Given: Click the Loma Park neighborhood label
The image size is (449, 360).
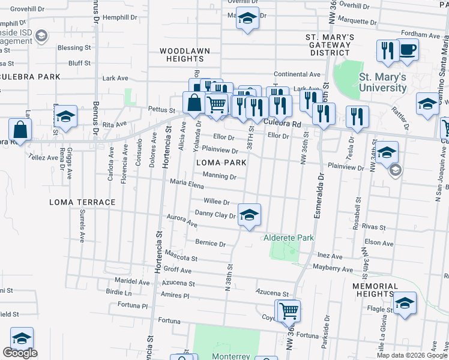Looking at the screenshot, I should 220,163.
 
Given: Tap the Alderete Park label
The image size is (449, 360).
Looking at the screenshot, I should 289,238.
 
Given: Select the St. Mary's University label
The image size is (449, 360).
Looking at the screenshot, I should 382,82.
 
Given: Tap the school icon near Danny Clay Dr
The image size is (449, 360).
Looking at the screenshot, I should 249,214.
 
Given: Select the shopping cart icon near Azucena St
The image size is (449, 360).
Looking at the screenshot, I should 288,310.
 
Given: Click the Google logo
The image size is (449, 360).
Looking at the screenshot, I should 20,353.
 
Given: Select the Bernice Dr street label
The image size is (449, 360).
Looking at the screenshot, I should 210,244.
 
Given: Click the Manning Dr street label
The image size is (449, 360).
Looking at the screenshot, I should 219,176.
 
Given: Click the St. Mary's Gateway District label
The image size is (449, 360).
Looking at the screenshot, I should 330,45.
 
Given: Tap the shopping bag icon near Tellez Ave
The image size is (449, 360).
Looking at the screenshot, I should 20,129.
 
